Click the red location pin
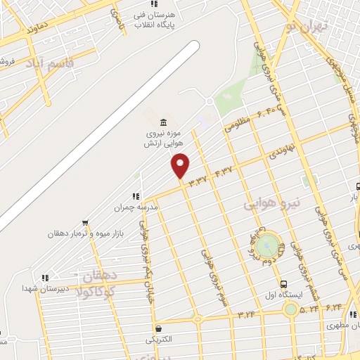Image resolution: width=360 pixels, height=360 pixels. coord(181,165)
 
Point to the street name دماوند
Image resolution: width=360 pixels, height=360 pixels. coord(37,29)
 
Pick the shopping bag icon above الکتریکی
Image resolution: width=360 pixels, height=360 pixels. coord(158,328)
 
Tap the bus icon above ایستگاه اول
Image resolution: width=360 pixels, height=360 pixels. coord(283,285)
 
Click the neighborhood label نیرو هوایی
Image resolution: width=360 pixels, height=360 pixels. coord(271,204)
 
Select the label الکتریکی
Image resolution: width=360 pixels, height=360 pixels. coord(157,340)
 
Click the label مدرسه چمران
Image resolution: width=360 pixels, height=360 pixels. coord(133,208)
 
